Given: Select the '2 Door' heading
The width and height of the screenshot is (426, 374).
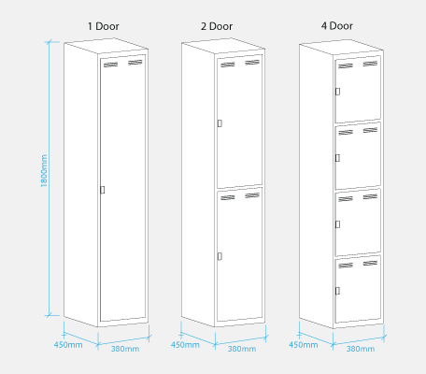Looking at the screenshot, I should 218,26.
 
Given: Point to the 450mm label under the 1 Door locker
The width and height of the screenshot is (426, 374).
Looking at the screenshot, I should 67,344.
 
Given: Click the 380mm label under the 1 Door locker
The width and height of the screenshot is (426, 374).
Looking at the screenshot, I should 125,349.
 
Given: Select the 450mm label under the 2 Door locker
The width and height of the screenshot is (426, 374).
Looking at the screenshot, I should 184,344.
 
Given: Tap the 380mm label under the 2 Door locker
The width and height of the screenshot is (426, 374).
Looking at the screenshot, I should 242,349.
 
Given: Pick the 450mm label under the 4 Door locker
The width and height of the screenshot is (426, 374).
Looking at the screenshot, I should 302,344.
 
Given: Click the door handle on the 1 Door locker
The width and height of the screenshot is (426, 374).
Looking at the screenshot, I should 102,190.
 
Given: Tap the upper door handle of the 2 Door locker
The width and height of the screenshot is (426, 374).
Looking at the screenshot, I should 220,122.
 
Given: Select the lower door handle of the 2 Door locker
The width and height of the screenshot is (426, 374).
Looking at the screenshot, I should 220,255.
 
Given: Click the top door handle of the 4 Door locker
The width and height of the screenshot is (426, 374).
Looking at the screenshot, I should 337,91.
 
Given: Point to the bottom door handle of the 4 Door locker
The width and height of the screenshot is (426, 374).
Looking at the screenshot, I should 337,289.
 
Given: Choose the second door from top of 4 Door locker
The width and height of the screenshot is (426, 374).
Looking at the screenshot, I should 359,154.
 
